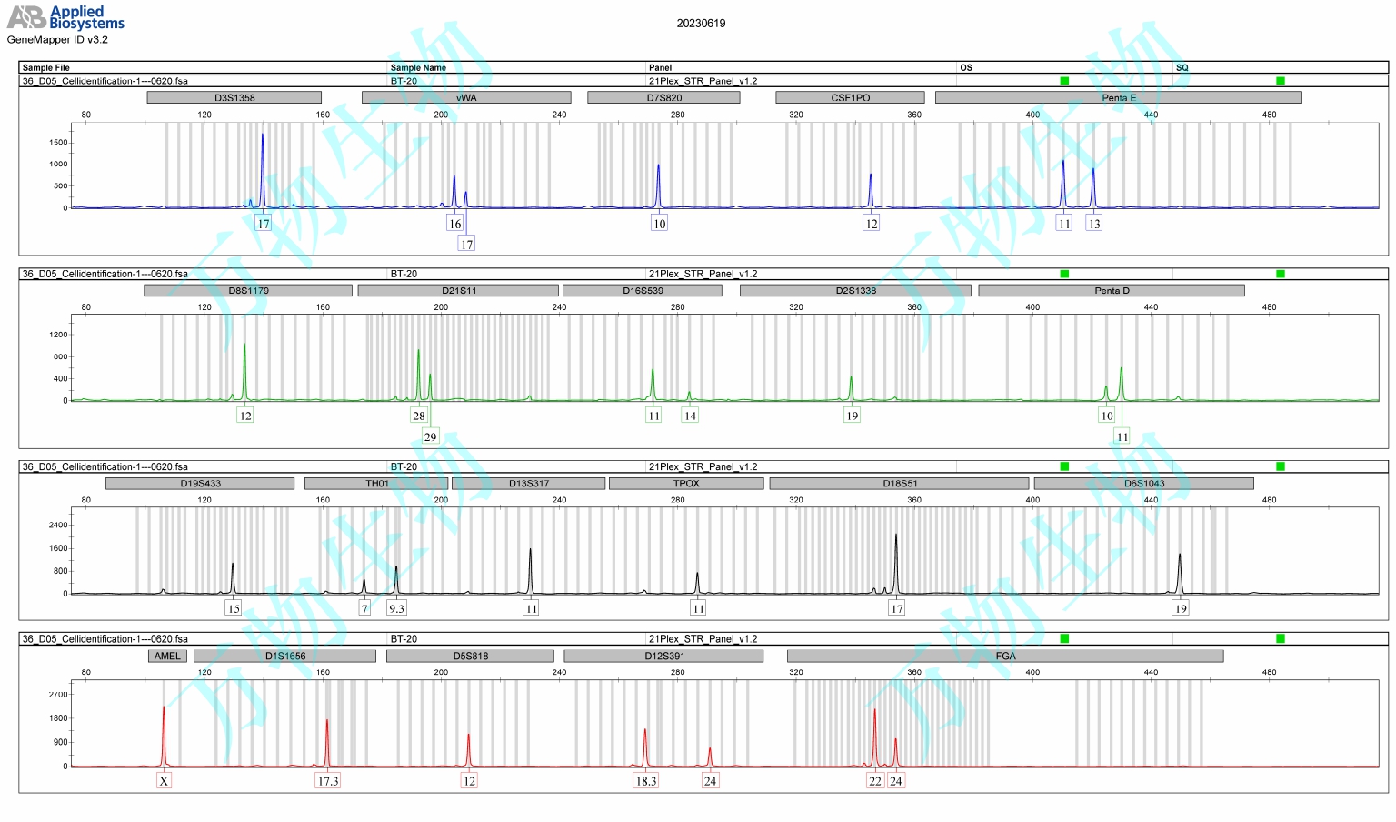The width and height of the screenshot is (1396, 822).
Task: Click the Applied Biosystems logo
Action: pos(65,18)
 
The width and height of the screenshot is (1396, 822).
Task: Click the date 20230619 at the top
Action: pos(701,24)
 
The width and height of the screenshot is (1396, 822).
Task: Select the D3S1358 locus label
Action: pos(234,97)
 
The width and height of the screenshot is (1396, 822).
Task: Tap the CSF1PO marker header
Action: pos(850,97)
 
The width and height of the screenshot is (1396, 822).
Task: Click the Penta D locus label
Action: pos(1112,291)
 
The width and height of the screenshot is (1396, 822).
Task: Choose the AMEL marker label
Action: pos(167,656)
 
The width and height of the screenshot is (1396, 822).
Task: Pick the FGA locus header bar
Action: pos(1005,656)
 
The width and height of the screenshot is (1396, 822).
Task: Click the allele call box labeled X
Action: pos(164,780)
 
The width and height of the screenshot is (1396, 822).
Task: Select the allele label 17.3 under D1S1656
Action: pos(327,780)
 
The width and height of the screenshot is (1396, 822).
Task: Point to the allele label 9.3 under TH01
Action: pos(396,608)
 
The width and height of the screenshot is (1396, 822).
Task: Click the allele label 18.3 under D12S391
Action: pos(645,780)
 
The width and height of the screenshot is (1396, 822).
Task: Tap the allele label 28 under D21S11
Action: pos(418,416)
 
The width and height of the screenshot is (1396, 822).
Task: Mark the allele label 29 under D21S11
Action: pos(430,436)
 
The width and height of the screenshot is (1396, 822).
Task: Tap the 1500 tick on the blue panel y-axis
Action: pos(58,142)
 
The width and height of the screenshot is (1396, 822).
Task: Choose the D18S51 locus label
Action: pos(900,484)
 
